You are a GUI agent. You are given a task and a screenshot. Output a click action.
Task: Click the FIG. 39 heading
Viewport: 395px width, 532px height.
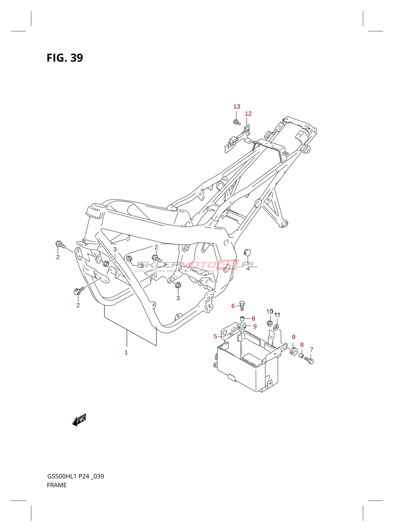point(65,58)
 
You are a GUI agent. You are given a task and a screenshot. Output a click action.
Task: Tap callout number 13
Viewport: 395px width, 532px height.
point(236,106)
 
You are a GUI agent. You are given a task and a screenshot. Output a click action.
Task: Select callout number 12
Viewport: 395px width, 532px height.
point(248,114)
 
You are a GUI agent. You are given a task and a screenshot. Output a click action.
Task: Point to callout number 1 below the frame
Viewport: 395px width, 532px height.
point(126,352)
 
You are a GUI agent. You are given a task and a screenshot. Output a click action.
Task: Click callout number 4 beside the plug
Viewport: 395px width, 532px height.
point(248,268)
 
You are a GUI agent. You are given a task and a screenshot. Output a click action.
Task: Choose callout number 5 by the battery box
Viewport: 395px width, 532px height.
point(215,336)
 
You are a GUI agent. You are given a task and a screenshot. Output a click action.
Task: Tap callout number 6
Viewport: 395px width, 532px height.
point(233,306)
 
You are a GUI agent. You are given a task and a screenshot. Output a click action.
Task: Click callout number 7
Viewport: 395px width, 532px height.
point(312,349)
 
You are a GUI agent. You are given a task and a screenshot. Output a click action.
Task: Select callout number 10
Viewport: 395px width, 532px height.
point(270,312)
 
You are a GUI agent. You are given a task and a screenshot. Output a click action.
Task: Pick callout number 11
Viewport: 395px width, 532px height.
point(277,315)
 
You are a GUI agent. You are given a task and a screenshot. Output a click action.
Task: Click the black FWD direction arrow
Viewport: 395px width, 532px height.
point(79,420)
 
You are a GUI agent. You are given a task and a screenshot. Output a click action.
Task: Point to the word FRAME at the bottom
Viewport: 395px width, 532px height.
point(57,485)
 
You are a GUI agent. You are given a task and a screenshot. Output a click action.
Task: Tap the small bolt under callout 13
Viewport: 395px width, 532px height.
point(237,122)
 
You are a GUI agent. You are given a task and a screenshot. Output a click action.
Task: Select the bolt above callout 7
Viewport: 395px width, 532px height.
point(309,360)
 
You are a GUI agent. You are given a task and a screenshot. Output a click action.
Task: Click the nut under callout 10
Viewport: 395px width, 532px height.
point(270,323)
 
